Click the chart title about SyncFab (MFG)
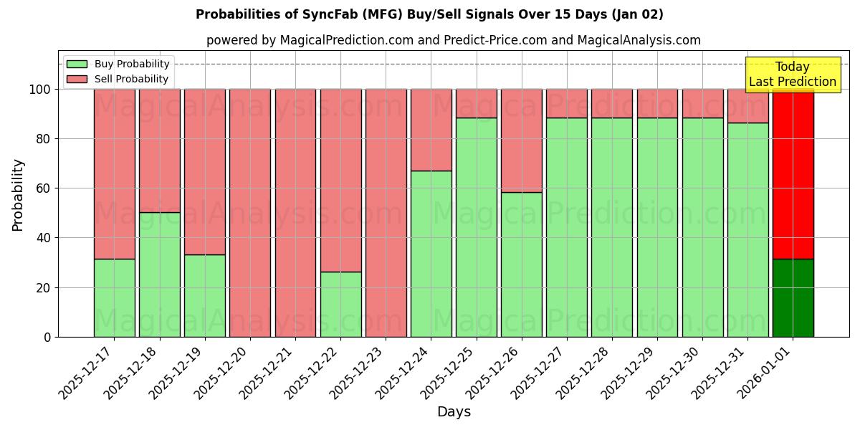[x=429, y=14]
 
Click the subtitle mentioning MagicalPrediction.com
[x=453, y=40]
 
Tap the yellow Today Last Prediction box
[x=792, y=75]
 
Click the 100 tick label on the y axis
[x=40, y=90]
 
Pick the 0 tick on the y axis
[x=47, y=337]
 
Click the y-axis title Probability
[x=18, y=195]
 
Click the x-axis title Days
[x=453, y=412]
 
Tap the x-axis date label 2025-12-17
[x=88, y=373]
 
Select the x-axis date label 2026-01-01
[x=767, y=373]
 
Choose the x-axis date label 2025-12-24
[x=405, y=373]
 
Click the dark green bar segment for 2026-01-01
[x=793, y=297]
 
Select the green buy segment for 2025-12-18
[x=159, y=274]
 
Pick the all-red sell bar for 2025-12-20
[x=250, y=213]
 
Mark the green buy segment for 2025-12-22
[x=340, y=304]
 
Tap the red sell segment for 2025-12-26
[x=521, y=140]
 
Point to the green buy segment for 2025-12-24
[x=431, y=254]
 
